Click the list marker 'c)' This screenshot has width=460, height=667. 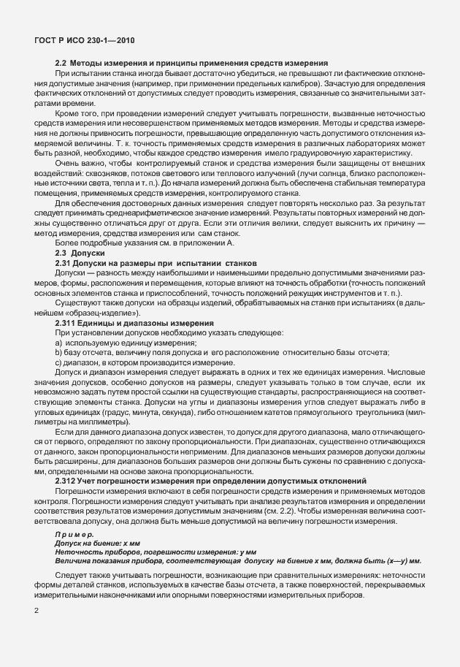pos(58,361)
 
